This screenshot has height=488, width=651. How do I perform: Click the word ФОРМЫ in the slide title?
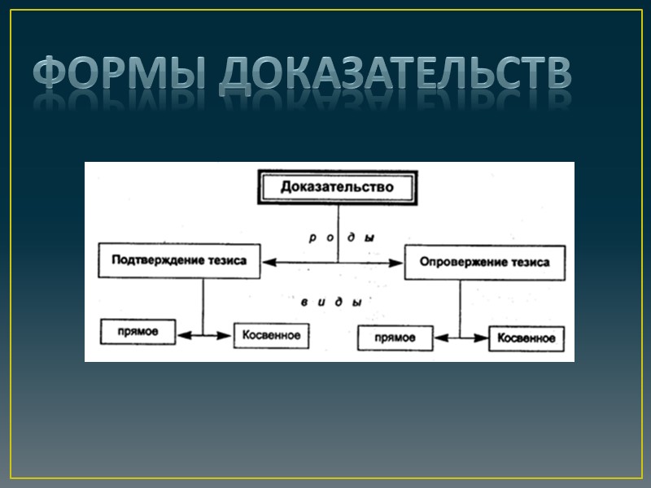click(x=119, y=76)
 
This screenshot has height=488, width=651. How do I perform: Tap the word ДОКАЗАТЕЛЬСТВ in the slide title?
click(x=394, y=76)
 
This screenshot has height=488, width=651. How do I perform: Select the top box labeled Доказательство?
click(x=337, y=187)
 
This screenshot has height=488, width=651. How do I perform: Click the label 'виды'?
click(x=330, y=302)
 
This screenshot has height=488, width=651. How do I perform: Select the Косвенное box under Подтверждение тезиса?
click(x=271, y=334)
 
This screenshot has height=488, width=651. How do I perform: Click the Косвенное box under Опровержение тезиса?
click(x=526, y=338)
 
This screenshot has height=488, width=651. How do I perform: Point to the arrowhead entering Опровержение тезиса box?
click(x=398, y=262)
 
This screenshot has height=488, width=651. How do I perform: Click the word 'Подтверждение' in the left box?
click(x=156, y=261)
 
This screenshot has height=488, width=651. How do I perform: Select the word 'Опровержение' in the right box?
click(x=461, y=262)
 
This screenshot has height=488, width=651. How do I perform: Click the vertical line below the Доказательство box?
click(x=337, y=232)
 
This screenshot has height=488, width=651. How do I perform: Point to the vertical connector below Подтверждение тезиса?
click(x=203, y=305)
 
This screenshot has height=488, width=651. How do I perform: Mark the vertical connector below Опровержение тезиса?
click(x=460, y=307)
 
